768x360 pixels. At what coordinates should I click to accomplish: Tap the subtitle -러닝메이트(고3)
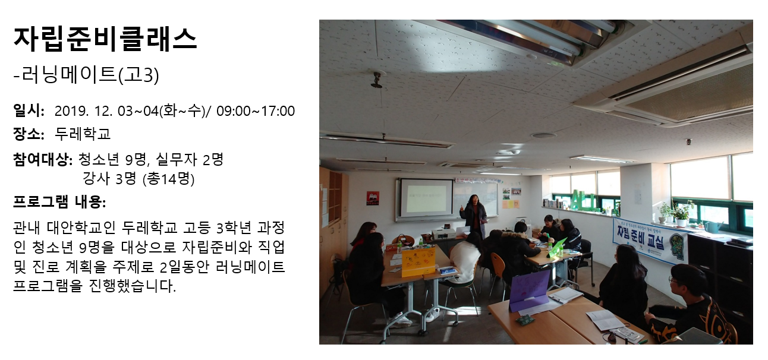[86, 75]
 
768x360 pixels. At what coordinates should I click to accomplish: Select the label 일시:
[29, 110]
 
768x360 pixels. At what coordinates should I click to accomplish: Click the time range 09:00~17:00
[256, 111]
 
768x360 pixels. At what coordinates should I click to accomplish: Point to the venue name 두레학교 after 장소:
[83, 134]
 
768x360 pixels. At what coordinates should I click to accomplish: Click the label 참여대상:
[43, 160]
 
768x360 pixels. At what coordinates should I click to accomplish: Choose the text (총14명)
[168, 178]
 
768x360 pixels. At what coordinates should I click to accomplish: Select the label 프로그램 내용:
[59, 202]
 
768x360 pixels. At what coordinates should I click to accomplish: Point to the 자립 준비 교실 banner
[649, 241]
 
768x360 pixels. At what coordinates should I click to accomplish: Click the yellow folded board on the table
[418, 262]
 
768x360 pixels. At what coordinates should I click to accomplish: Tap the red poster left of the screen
[372, 198]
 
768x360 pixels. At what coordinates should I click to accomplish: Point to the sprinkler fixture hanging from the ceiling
[377, 80]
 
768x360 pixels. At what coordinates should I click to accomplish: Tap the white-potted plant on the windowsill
[682, 215]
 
